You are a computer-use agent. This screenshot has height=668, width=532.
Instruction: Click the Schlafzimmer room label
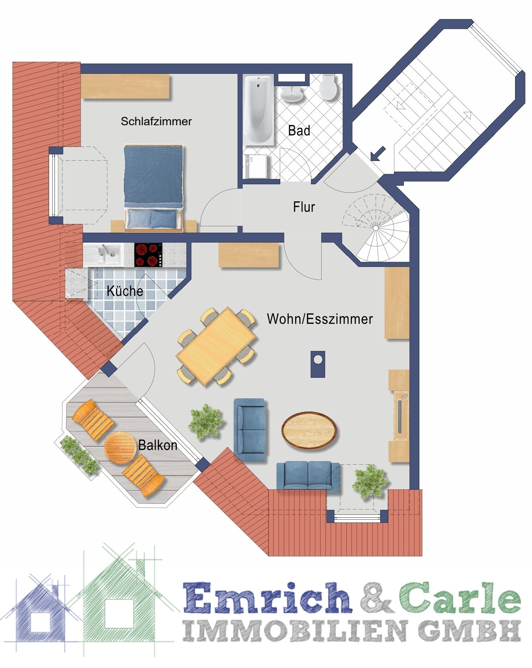pos(156,121)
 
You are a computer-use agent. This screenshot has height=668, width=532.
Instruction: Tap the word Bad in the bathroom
pos(299,131)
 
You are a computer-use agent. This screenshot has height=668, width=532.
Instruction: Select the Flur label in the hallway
pos(304,207)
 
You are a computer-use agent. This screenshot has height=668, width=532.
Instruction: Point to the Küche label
pos(125,291)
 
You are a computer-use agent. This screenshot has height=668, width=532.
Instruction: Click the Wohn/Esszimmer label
pos(320,319)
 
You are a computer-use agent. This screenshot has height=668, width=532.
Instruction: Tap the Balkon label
pos(157,445)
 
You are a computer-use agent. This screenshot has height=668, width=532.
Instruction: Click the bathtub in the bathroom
pos(258,110)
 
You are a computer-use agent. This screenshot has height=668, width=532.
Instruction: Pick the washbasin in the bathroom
pos(292,93)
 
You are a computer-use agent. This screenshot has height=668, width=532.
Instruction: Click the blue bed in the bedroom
pos(154,188)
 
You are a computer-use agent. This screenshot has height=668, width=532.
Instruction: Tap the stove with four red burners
pos(148,255)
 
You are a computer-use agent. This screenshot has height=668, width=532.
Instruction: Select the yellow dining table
pos(216,346)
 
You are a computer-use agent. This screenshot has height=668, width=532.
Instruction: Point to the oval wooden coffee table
pos(309,430)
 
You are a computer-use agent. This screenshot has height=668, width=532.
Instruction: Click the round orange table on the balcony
pos(120,448)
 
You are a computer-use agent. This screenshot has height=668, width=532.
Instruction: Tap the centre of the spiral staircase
pos(376,228)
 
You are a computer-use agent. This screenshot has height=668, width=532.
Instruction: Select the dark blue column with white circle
pos(318,364)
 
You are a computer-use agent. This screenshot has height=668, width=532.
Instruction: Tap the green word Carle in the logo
pos(460,597)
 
